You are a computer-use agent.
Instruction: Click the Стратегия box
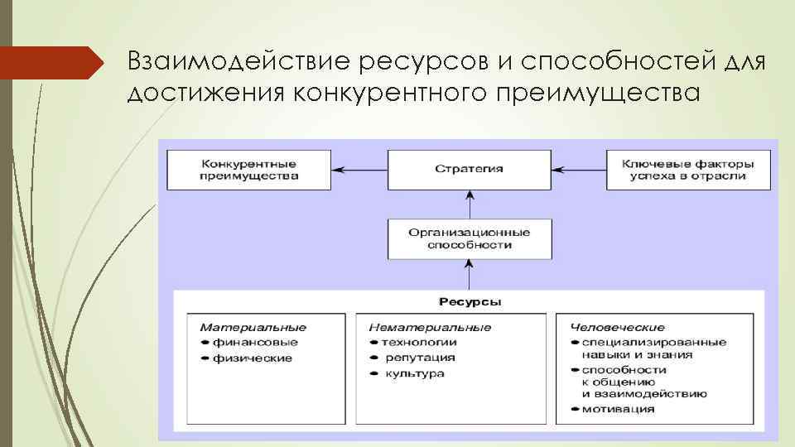[470, 169]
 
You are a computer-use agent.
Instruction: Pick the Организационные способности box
[470, 238]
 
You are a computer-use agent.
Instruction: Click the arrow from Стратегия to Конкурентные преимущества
[359, 169]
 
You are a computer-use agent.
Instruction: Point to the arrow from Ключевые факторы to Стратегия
[579, 169]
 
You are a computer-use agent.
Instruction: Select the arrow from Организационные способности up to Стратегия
[470, 204]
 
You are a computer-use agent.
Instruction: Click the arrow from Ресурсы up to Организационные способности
[470, 273]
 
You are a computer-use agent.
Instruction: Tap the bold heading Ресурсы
[470, 302]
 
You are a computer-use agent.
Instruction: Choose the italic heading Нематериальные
[430, 328]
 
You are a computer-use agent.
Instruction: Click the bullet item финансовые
[254, 342]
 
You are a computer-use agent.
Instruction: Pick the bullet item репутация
[419, 358]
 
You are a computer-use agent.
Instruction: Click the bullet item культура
[414, 373]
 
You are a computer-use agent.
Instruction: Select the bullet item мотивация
[618, 408]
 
